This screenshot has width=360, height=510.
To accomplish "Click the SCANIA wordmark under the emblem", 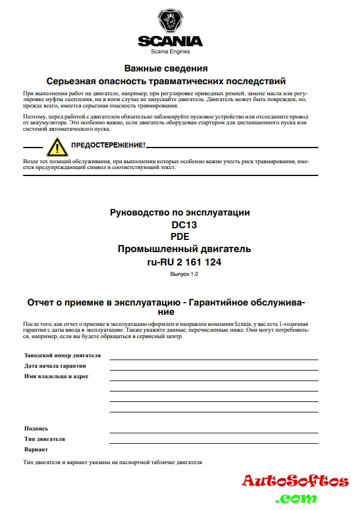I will tap(170, 41).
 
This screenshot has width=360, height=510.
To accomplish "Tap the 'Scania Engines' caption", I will tap(170, 52).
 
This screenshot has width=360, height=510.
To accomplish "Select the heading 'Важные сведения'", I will tap(166, 69).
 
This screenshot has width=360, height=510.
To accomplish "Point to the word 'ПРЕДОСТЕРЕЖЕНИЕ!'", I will tap(107, 145).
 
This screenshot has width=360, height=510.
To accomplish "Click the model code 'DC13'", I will tap(180, 224).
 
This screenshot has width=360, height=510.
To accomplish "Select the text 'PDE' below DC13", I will tap(180, 236).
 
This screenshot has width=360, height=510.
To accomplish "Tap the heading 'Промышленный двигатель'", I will tap(184, 249).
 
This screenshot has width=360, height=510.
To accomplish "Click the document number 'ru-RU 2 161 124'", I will tap(184, 262).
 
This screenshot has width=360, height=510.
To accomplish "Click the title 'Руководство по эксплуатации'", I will tap(180, 212).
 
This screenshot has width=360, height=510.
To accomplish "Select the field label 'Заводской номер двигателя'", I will tap(62, 355).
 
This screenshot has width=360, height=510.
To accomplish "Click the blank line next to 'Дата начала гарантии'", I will tap(214, 369).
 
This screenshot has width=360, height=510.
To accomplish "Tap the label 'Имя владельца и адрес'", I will tap(56, 376).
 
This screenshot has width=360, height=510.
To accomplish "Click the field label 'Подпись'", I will tap(36, 428).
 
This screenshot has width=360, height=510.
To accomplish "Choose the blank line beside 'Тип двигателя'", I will tap(214, 442).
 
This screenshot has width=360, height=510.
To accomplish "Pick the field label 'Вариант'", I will tap(36, 449).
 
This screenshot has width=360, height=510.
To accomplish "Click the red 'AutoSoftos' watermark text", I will tap(295, 481).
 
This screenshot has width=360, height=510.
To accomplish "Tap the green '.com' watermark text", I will tap(296, 498).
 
